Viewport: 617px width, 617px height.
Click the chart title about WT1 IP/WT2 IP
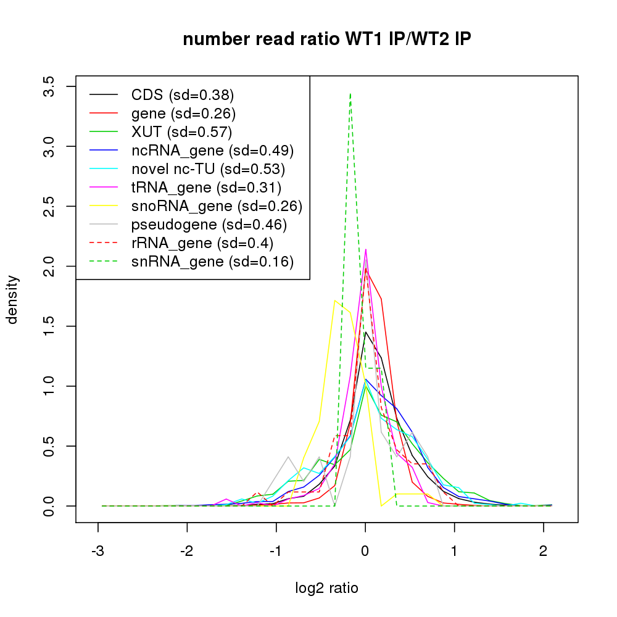coord(327,39)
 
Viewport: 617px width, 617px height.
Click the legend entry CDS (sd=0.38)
coord(183,95)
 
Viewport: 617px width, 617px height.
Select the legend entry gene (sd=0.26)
coord(183,114)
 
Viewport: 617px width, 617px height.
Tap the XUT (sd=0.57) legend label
coord(181,131)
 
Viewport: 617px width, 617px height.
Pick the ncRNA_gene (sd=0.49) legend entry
coord(212,151)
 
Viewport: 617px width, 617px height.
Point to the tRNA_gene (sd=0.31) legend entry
coord(206,187)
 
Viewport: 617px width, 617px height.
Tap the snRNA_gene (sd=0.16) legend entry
coord(212,262)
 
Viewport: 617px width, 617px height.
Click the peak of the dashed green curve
coord(350,94)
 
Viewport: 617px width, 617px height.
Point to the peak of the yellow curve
coord(334,300)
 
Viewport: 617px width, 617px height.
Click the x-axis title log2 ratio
coord(327,588)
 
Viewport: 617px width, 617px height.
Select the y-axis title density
coord(14,299)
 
